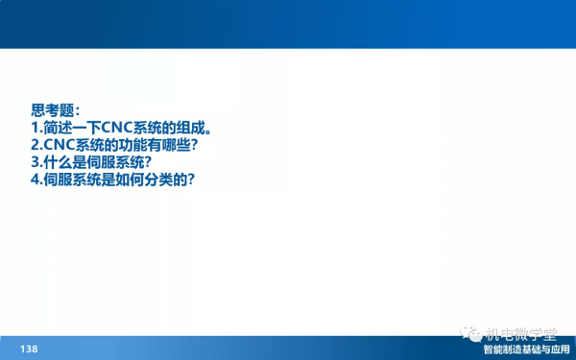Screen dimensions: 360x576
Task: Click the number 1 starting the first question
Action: point(35,128)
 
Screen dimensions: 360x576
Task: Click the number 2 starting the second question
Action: point(35,145)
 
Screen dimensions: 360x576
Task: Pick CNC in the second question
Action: point(60,145)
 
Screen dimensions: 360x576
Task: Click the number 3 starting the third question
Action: point(35,162)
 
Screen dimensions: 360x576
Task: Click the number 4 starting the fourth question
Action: point(35,180)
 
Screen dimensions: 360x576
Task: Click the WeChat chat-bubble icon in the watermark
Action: point(472,333)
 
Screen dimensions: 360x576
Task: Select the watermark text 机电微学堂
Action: point(523,333)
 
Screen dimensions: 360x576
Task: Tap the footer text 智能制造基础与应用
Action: point(526,349)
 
